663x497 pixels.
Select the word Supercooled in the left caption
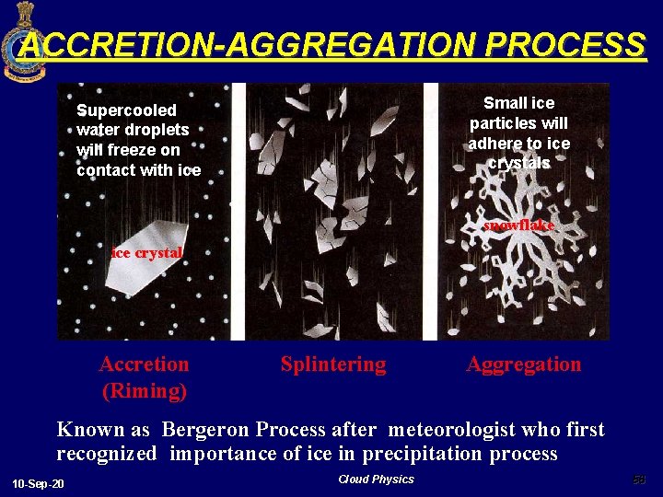[126, 110]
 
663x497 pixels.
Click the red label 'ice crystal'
[146, 252]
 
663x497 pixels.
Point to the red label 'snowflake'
[519, 225]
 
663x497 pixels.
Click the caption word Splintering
[333, 364]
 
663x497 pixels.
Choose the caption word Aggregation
[524, 364]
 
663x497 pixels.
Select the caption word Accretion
[144, 364]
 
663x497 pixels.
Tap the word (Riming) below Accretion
[144, 391]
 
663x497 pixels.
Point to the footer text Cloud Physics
[376, 480]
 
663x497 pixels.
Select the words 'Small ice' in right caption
[519, 103]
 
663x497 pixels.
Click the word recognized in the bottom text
[107, 454]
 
